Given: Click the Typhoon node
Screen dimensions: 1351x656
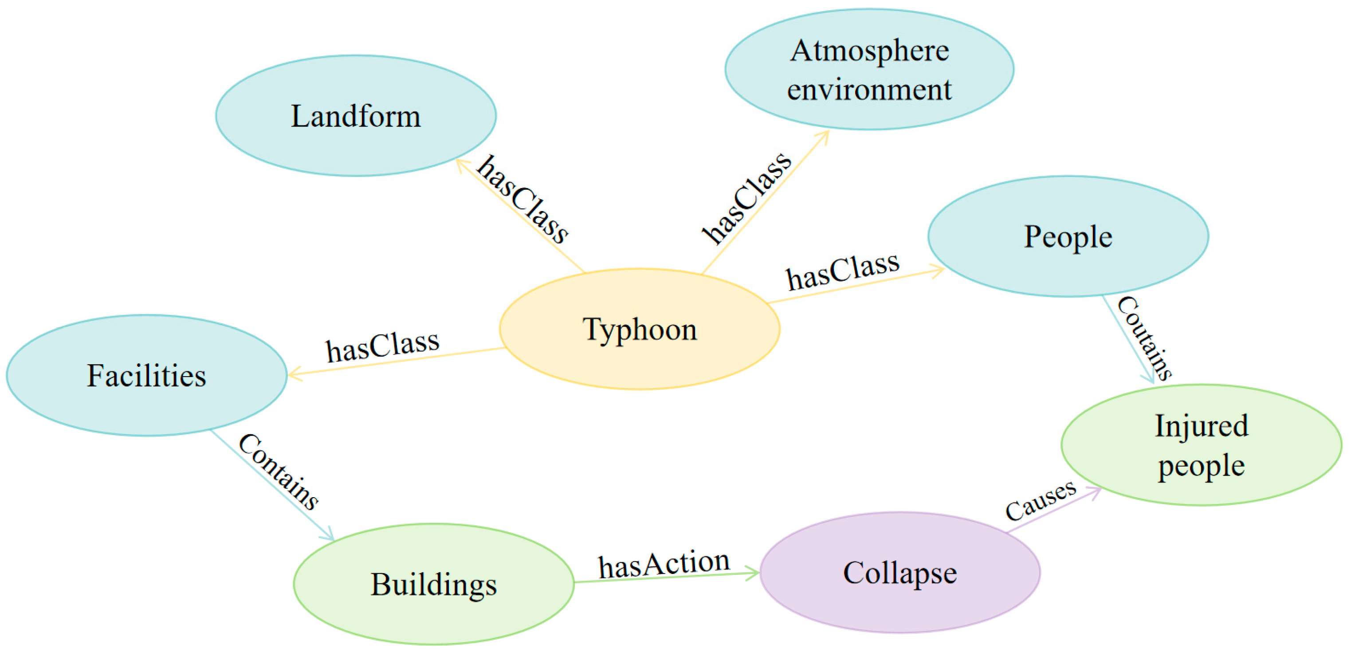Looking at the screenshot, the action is (x=639, y=329).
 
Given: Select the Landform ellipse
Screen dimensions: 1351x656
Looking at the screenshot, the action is (x=356, y=115).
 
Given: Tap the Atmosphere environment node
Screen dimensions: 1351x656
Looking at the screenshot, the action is (x=869, y=69).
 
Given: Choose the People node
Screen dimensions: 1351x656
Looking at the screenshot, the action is (x=1068, y=236).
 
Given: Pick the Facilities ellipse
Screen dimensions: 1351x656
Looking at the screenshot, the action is (x=146, y=375).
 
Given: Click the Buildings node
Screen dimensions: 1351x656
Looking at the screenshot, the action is (x=433, y=584).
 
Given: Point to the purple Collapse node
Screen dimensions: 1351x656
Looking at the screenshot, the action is (x=899, y=572).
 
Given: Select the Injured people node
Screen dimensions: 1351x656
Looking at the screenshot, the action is (x=1201, y=445).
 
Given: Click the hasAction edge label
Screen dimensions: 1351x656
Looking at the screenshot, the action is (x=664, y=564).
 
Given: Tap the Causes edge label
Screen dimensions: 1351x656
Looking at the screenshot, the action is (x=1041, y=501).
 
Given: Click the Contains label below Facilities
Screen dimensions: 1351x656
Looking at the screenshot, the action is (x=278, y=472).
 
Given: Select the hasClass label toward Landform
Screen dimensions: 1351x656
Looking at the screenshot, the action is (x=522, y=199).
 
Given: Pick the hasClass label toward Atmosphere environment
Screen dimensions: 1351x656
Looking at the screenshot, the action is (x=747, y=198).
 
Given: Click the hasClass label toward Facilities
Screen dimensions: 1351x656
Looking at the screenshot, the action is (x=382, y=346).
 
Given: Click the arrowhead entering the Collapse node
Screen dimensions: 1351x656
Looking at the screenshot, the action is (x=754, y=573).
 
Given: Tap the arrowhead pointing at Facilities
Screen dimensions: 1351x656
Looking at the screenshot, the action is (x=293, y=374).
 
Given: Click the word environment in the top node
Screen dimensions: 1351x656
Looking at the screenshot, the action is (x=869, y=89).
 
